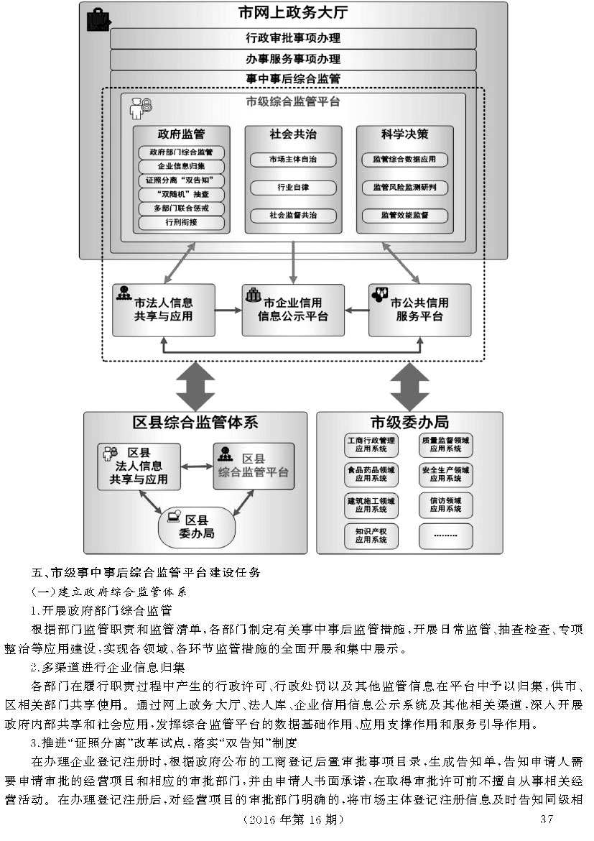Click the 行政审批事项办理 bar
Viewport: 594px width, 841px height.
[292, 38]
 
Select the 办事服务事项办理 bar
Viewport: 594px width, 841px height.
[292, 59]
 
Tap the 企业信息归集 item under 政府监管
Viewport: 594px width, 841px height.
[181, 167]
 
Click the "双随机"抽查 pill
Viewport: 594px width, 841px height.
[181, 195]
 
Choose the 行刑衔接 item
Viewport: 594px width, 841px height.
[181, 222]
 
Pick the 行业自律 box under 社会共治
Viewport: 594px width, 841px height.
[293, 188]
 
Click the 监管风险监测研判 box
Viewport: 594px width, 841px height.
[405, 188]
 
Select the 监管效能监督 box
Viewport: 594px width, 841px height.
[405, 215]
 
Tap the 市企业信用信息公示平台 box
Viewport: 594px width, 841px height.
[292, 310]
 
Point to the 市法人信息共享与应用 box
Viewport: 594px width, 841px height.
[164, 310]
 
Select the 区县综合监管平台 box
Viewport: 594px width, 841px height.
[254, 466]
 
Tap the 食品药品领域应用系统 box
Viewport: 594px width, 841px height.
[371, 474]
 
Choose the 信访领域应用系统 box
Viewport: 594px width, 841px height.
[446, 504]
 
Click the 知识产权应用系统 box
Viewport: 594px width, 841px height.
[371, 536]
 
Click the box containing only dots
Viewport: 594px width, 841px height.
[446, 536]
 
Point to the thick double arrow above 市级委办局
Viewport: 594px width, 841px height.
[409, 386]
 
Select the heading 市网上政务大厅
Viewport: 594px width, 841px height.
[292, 14]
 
